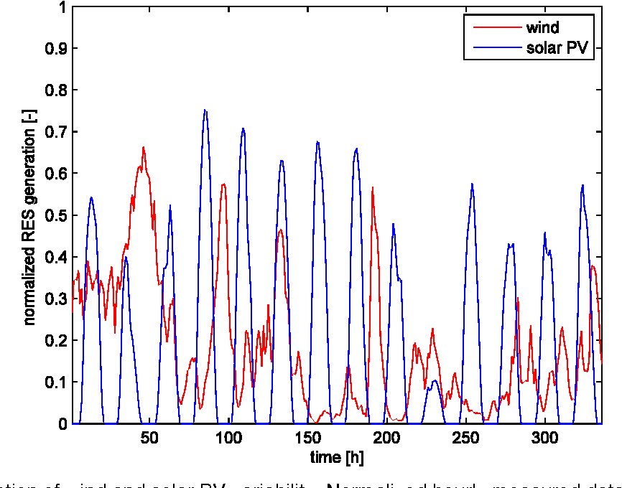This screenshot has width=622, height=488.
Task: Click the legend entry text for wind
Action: (542, 29)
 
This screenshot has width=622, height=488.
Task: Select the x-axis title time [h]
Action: (338, 457)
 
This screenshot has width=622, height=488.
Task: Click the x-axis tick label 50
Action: (149, 438)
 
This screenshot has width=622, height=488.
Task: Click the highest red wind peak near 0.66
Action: (144, 147)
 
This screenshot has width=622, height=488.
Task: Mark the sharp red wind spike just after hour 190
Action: (372, 188)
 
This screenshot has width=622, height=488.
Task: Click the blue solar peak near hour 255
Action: (472, 184)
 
